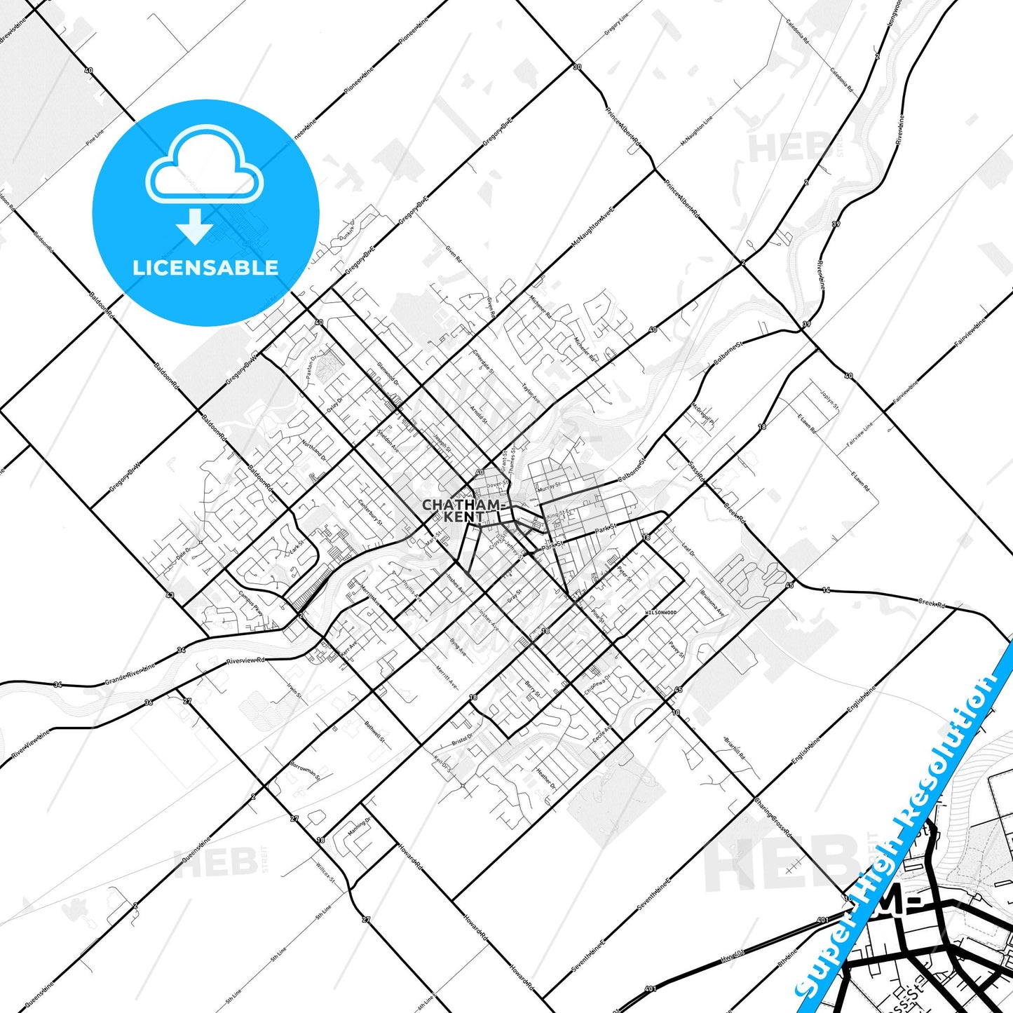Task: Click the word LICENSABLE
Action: [205, 268]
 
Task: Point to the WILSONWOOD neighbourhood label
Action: [660, 613]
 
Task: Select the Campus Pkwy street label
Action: [250, 603]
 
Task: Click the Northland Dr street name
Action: [313, 451]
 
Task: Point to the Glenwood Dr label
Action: [387, 373]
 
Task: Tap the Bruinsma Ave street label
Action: [712, 603]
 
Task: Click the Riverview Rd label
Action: [246, 661]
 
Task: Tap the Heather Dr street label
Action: [545, 778]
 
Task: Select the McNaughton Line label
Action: [696, 131]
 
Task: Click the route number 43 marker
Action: [170, 595]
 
